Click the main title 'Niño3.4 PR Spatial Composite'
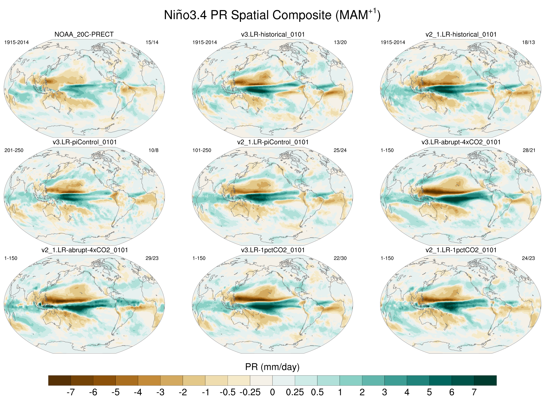[x=272, y=15]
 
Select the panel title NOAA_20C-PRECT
[x=84, y=34]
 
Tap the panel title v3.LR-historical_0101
[x=273, y=34]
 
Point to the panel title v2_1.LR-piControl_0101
[x=273, y=142]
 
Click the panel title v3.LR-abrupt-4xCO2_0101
[x=461, y=142]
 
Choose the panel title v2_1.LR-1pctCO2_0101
[x=461, y=250]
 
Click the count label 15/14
[x=152, y=42]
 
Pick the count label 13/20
[x=340, y=42]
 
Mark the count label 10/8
[x=154, y=150]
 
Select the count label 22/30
[x=340, y=258]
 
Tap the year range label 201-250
[x=14, y=150]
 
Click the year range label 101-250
[x=202, y=150]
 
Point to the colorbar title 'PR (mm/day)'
[x=272, y=367]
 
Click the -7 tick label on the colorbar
[x=71, y=392]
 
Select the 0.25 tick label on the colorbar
[x=295, y=392]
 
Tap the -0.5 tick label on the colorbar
[x=228, y=392]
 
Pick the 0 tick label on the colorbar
[x=272, y=392]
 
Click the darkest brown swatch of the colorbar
[x=59, y=380]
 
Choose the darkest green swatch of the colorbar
[x=485, y=380]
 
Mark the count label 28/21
[x=529, y=150]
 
